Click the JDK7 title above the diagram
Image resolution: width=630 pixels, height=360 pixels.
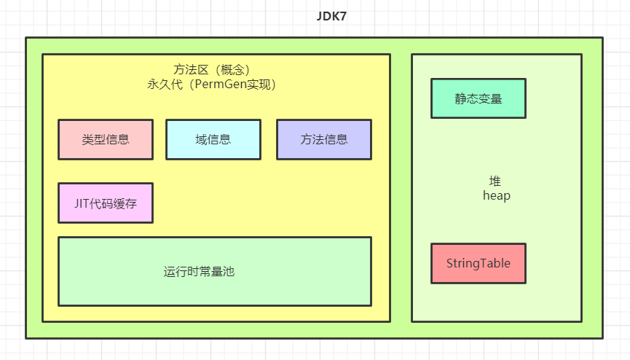331,17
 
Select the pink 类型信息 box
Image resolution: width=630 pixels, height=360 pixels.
106,139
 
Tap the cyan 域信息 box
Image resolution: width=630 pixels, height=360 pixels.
213,139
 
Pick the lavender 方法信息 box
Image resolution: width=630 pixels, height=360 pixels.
324,139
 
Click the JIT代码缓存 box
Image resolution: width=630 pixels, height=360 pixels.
106,203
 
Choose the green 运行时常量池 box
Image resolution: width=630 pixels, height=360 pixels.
214,271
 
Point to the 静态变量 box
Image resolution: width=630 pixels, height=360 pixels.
479,98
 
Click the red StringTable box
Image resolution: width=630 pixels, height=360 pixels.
479,263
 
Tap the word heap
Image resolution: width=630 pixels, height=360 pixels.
496,196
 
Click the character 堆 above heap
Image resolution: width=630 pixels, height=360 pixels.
496,181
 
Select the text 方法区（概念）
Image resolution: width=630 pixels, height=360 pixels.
212,70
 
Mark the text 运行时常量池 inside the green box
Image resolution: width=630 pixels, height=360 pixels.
199,272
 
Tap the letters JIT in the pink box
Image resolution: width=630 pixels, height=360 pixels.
81,203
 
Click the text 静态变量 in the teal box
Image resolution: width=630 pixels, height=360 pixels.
479,99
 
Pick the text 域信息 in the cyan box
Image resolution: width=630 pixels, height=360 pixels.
213,140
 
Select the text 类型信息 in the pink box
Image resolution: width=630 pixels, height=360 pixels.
106,140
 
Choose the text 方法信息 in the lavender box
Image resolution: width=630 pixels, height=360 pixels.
324,140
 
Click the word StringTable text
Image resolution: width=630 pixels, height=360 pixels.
479,264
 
